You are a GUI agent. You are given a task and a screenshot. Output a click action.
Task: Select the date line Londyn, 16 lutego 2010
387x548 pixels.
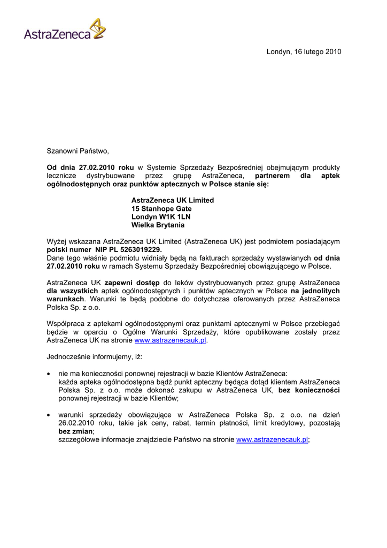(x=303, y=52)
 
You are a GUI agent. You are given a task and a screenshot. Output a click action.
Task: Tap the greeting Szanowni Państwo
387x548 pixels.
(x=78, y=151)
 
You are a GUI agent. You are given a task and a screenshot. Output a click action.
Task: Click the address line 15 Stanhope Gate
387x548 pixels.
(x=161, y=209)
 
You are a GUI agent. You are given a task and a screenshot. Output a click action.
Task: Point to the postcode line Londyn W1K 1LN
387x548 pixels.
(x=161, y=217)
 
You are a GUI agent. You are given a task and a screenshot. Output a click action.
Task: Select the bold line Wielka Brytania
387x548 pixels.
(x=158, y=225)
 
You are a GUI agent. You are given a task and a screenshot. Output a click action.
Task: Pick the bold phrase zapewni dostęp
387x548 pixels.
(x=133, y=283)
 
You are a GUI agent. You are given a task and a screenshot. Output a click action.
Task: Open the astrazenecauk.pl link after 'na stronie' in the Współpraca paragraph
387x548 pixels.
(x=170, y=340)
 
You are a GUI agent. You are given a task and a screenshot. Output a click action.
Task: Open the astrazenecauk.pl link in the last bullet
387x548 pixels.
(x=272, y=439)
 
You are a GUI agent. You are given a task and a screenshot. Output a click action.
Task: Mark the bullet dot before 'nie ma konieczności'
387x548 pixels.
(x=49, y=374)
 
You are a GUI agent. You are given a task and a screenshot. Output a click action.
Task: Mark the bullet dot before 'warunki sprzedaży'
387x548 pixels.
(x=49, y=415)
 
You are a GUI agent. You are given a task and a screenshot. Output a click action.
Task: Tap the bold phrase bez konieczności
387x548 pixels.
(x=309, y=390)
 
